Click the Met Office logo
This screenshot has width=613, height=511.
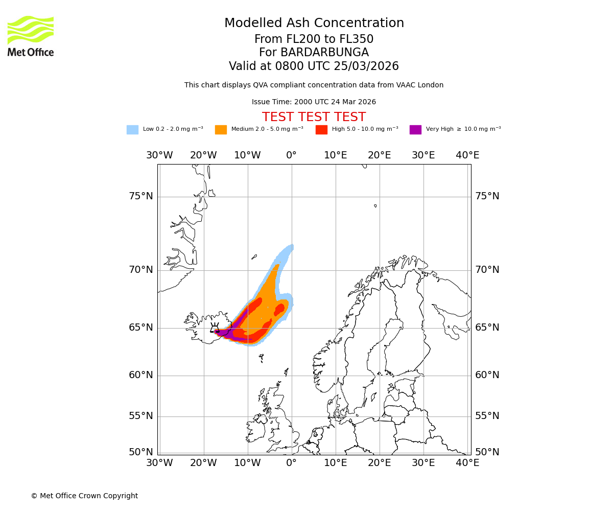(x=31, y=36)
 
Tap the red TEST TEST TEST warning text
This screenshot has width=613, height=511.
(x=314, y=117)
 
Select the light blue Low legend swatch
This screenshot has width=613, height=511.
(x=132, y=130)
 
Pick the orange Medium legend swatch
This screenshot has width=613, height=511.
(x=221, y=130)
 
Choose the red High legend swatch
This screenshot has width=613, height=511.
(x=321, y=130)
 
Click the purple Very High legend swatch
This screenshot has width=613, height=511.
(x=415, y=130)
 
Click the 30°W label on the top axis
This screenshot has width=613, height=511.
(x=159, y=155)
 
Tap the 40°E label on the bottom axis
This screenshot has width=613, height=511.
(x=467, y=463)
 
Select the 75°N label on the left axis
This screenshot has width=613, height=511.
(x=140, y=196)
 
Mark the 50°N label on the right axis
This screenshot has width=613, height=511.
(x=487, y=452)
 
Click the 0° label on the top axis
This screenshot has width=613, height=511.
(x=291, y=155)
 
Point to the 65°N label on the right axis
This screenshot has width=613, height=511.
(x=487, y=328)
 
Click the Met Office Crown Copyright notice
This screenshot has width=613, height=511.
(x=84, y=496)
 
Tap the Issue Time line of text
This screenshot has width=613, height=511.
(x=314, y=102)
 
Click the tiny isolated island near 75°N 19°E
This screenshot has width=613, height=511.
(x=375, y=206)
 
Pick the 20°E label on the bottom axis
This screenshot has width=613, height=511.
(x=380, y=463)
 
